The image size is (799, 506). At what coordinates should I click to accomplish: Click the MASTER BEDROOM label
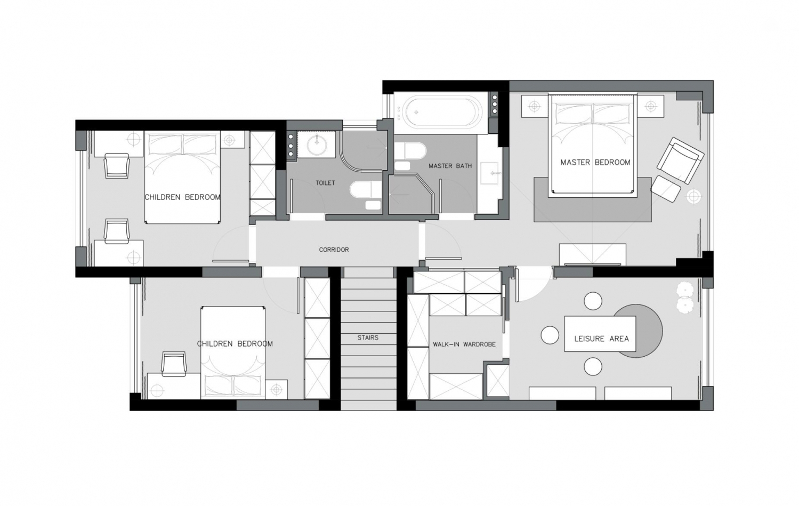[595, 163]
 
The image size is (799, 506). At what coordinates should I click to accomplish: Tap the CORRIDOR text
[334, 250]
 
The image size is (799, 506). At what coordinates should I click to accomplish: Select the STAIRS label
[368, 338]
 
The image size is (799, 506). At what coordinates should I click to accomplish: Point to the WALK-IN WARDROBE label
[464, 344]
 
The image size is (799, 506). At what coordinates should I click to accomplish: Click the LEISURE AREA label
[601, 339]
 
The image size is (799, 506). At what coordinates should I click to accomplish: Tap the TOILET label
[325, 183]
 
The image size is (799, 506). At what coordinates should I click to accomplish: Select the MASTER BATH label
[450, 166]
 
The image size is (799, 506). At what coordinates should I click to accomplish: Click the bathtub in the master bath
[440, 112]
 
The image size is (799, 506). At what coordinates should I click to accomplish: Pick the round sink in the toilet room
[317, 145]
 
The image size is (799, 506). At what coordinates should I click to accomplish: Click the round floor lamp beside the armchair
[693, 197]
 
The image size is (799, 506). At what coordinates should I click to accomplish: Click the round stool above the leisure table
[593, 301]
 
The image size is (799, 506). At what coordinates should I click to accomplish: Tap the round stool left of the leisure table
[550, 335]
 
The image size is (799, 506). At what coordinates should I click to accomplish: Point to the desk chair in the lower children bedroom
[174, 364]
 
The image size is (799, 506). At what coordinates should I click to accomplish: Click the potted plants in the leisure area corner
[685, 298]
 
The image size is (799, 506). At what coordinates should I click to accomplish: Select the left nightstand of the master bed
[534, 106]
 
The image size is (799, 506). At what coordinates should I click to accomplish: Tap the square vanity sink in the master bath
[489, 173]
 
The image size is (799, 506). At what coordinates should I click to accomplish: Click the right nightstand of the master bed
[651, 106]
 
